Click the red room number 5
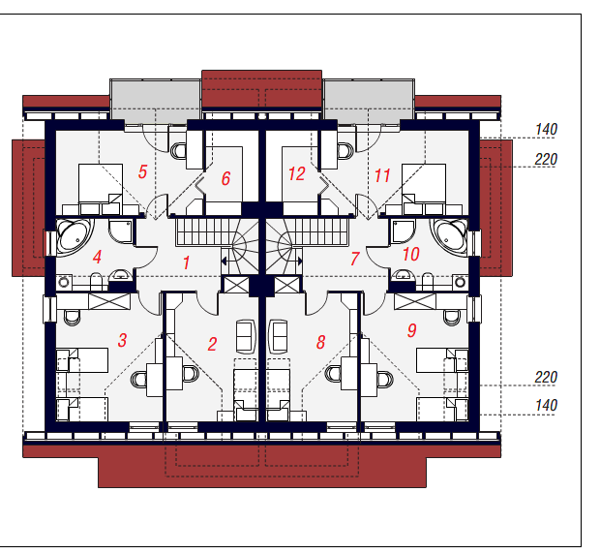point(142,171)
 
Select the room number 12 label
point(296,173)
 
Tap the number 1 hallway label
point(187,263)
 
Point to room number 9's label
point(411,330)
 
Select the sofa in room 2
point(246,336)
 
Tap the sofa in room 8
point(279,336)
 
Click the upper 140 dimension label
point(546,130)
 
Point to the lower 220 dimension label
point(546,378)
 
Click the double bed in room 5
point(101,183)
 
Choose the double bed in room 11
point(424,183)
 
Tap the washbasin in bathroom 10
point(402,275)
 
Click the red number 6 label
point(225,178)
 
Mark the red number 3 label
point(122,340)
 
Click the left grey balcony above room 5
point(156,101)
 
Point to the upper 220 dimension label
point(546,159)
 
